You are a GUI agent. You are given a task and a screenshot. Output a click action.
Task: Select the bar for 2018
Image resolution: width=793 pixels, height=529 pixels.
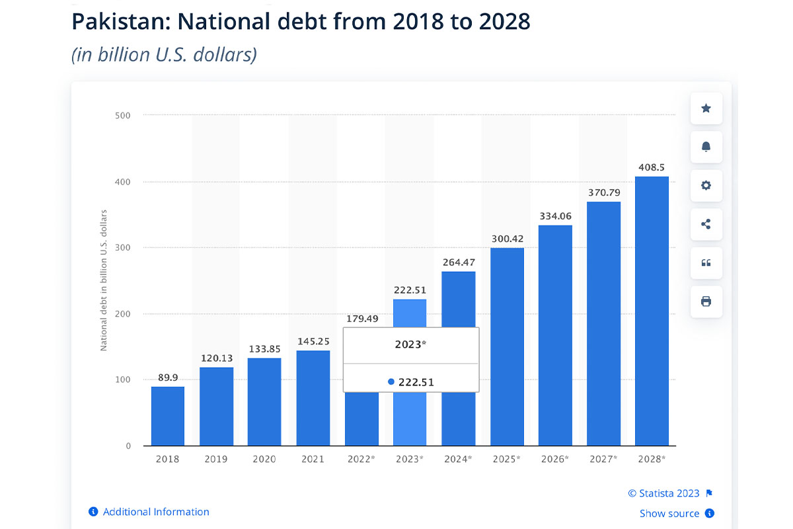click(168, 416)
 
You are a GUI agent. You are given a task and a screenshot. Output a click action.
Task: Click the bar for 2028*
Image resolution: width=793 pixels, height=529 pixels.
click(652, 311)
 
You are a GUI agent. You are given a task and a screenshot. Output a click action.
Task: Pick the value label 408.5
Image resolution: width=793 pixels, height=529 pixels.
click(652, 168)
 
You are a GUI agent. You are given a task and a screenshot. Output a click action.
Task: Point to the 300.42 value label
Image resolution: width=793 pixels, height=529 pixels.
click(507, 239)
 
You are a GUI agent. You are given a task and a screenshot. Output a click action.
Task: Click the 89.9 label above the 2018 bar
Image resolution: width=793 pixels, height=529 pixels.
click(168, 378)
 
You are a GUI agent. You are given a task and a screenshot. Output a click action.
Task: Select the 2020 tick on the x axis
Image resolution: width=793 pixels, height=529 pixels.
click(264, 459)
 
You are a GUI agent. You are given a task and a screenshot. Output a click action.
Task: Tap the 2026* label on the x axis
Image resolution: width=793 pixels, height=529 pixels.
click(555, 459)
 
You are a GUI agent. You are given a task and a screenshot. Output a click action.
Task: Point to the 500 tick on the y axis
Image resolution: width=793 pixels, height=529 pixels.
click(123, 116)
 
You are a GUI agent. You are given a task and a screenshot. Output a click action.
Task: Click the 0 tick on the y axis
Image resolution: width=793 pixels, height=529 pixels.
click(128, 446)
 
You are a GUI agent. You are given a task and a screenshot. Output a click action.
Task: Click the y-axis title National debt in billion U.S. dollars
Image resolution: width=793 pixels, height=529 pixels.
click(104, 280)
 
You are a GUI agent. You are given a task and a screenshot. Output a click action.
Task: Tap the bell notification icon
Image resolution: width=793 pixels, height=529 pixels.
click(706, 147)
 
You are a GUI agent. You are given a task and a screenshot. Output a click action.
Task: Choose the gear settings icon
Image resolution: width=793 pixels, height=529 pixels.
click(706, 185)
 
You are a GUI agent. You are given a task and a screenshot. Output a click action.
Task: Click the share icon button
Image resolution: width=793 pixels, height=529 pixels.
click(706, 224)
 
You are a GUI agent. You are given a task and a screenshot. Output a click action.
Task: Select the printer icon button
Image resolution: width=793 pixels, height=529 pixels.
click(706, 302)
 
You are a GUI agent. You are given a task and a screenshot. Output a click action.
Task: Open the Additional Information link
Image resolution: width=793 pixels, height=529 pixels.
click(156, 512)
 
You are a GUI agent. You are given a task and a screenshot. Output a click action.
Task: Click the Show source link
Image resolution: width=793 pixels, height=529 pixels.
click(669, 513)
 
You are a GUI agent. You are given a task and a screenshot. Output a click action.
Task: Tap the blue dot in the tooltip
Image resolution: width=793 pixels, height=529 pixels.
click(391, 382)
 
